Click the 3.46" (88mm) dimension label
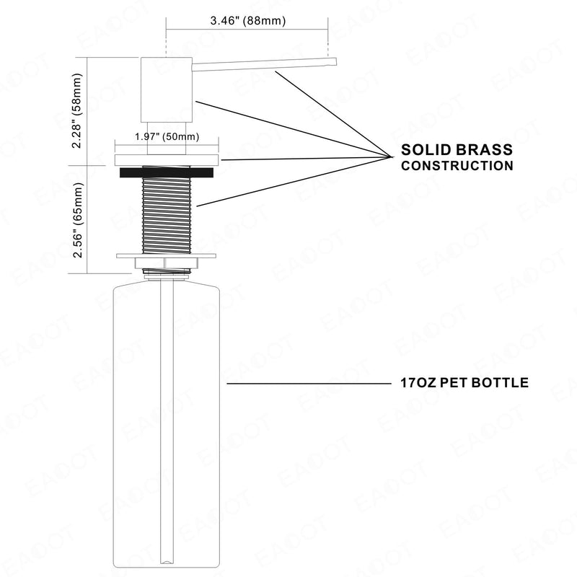[x=247, y=21]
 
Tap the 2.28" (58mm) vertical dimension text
[x=77, y=110]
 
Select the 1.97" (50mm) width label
[x=167, y=137]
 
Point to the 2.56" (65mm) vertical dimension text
[x=78, y=220]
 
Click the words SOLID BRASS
[x=457, y=150]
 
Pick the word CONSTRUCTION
[x=457, y=166]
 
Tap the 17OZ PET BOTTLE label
[x=464, y=383]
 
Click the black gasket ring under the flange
[x=167, y=172]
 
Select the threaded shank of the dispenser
[x=167, y=210]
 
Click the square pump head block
[x=167, y=89]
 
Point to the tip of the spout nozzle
[x=336, y=61]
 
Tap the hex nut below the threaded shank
[x=167, y=263]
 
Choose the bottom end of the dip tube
[x=167, y=563]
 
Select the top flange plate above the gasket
[x=167, y=160]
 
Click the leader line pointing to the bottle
[x=309, y=384]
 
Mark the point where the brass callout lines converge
[x=391, y=157]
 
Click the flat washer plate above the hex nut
[x=167, y=256]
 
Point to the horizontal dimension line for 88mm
[x=247, y=29]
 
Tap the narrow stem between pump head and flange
[x=167, y=138]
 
